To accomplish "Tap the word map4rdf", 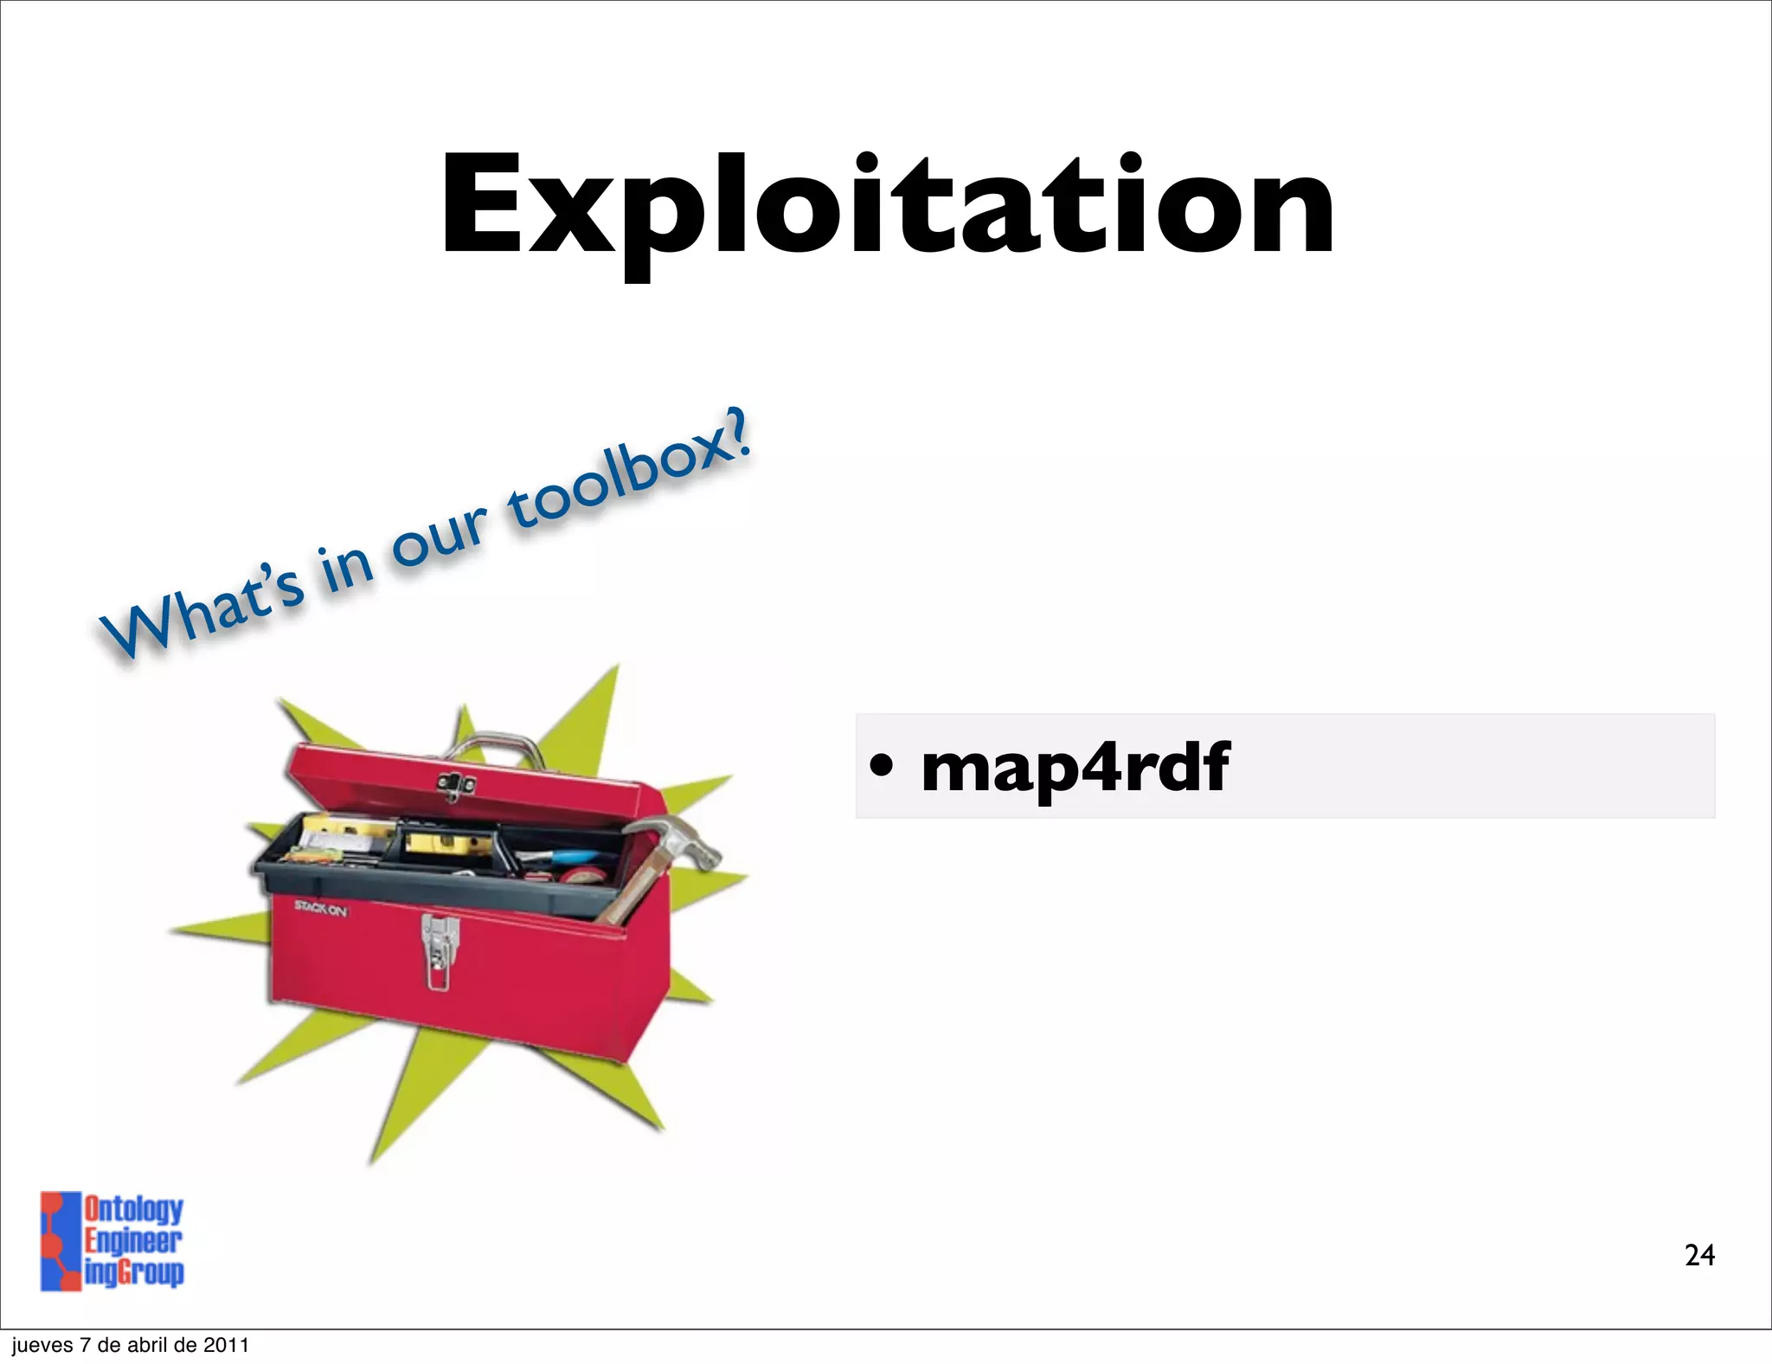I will point(1075,768).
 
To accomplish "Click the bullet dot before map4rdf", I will point(880,765).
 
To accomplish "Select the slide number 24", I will point(1699,1255).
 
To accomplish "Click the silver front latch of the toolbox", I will point(440,949).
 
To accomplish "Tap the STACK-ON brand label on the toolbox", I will point(320,908).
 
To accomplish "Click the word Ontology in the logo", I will point(133,1209).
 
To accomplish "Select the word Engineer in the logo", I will point(132,1241).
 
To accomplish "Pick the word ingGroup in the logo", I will point(134,1272).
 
